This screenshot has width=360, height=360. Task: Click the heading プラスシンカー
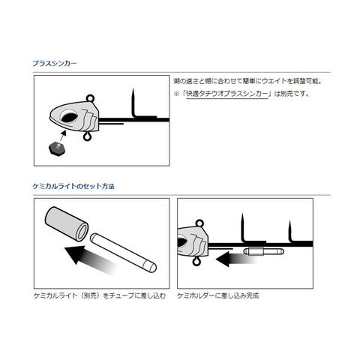(x=55, y=63)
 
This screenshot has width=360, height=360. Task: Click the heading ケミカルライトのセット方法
(x=73, y=186)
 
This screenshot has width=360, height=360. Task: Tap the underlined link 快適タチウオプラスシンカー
(x=227, y=94)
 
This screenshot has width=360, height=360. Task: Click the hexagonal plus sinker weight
(x=58, y=148)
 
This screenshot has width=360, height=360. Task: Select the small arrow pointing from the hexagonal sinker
(x=63, y=136)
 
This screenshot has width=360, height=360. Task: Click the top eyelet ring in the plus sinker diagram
(x=90, y=98)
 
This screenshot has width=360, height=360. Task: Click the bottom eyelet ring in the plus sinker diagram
(x=87, y=136)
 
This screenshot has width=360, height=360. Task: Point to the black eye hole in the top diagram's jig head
(x=67, y=117)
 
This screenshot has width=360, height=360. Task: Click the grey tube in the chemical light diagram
(x=67, y=224)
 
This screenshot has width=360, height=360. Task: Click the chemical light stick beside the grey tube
(x=123, y=253)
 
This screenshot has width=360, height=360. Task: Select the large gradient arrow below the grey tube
(x=91, y=260)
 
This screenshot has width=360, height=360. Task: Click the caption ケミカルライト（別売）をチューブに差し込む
(x=100, y=295)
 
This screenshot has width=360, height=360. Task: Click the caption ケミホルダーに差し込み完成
(x=217, y=295)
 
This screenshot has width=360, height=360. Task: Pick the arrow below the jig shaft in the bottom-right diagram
(x=236, y=259)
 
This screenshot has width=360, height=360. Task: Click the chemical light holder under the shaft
(x=263, y=251)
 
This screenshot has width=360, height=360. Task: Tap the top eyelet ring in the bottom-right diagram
(x=199, y=223)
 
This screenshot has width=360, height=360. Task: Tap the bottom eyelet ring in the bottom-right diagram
(x=196, y=262)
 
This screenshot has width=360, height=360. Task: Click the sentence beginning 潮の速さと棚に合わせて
(x=247, y=81)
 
